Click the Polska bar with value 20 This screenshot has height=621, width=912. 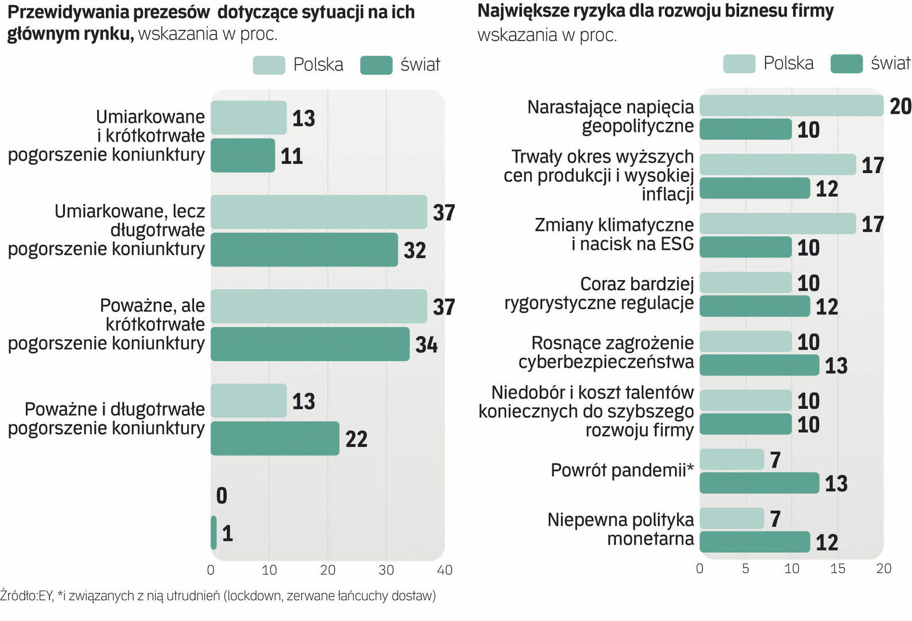791,106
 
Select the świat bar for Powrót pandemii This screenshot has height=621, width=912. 759,483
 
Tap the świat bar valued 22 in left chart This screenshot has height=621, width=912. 275,438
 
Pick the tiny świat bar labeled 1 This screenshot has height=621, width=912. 214,532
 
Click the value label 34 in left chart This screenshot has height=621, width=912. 426,344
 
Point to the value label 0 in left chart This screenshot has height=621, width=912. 222,495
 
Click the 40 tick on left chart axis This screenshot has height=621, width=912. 445,570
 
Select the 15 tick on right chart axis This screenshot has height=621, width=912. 837,569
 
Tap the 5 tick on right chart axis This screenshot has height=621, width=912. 745,569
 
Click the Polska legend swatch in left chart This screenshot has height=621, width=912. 269,65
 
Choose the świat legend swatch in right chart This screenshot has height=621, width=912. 847,64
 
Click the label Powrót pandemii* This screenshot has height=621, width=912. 622,470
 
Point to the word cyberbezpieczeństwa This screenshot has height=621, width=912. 606,362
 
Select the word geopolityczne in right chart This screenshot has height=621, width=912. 637,126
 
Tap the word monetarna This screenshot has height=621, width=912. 650,539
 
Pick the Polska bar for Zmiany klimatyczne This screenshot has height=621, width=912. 778,224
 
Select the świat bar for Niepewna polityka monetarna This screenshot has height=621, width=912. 755,542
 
